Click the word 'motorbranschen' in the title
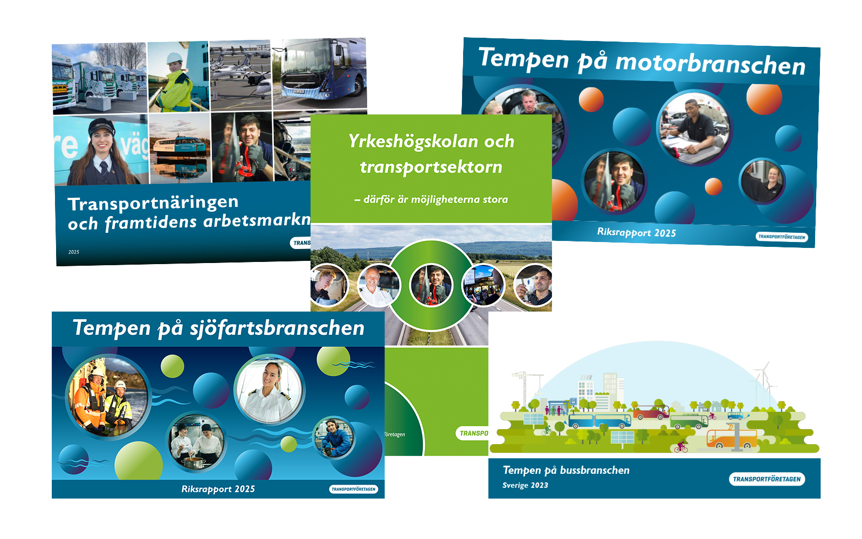710,64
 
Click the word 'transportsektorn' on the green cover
431,167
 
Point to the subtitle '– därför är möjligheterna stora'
431,199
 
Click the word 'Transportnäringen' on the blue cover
153,203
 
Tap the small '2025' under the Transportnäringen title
74,252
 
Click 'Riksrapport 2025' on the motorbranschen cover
636,232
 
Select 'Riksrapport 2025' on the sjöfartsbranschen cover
218,489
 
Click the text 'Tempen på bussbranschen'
566,470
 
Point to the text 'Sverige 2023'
525,485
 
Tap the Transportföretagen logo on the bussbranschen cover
767,479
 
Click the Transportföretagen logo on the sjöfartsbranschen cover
354,489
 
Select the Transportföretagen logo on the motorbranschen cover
781,237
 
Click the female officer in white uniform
269,389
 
